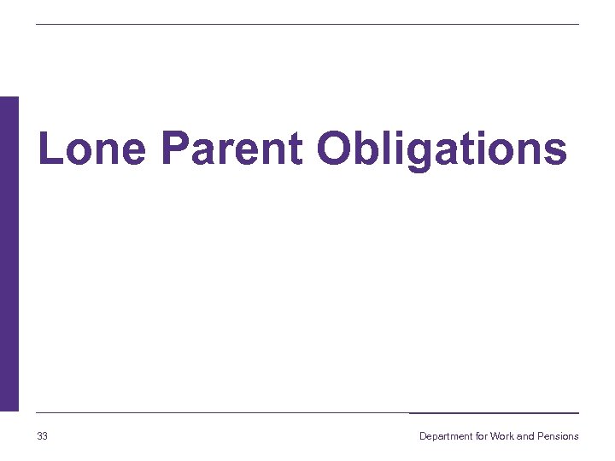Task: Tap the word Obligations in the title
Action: pyautogui.click(x=441, y=149)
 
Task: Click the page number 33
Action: pyautogui.click(x=43, y=436)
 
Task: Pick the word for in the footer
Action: pyautogui.click(x=482, y=436)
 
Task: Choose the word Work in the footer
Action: pyautogui.click(x=501, y=436)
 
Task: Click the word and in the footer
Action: pyautogui.click(x=525, y=436)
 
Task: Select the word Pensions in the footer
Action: pyautogui.click(x=558, y=436)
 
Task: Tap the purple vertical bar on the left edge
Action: pyautogui.click(x=9, y=254)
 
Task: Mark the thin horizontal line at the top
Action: pyautogui.click(x=307, y=24)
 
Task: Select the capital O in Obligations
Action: pyautogui.click(x=333, y=149)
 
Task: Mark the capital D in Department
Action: pyautogui.click(x=423, y=436)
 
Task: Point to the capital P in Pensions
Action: pyautogui.click(x=541, y=436)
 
